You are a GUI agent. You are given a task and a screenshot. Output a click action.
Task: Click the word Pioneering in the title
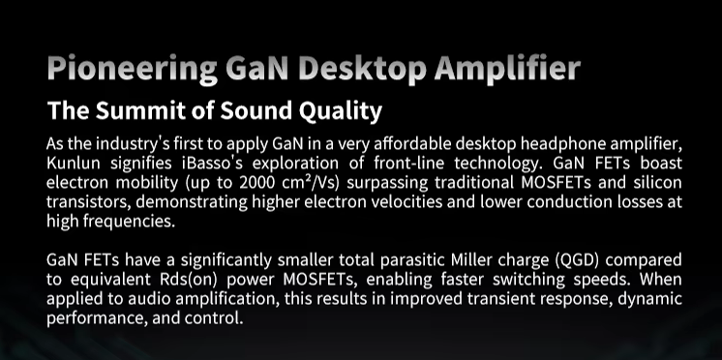[x=133, y=69]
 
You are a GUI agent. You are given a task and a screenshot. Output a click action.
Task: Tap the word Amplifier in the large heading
[x=507, y=69]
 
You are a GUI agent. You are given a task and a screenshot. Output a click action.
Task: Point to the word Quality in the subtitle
[x=341, y=111]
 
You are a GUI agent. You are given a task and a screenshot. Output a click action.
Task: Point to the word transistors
[x=87, y=202]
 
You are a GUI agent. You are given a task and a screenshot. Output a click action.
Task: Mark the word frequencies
[x=130, y=222]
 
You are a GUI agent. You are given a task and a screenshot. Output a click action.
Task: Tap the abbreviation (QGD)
[x=577, y=260]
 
